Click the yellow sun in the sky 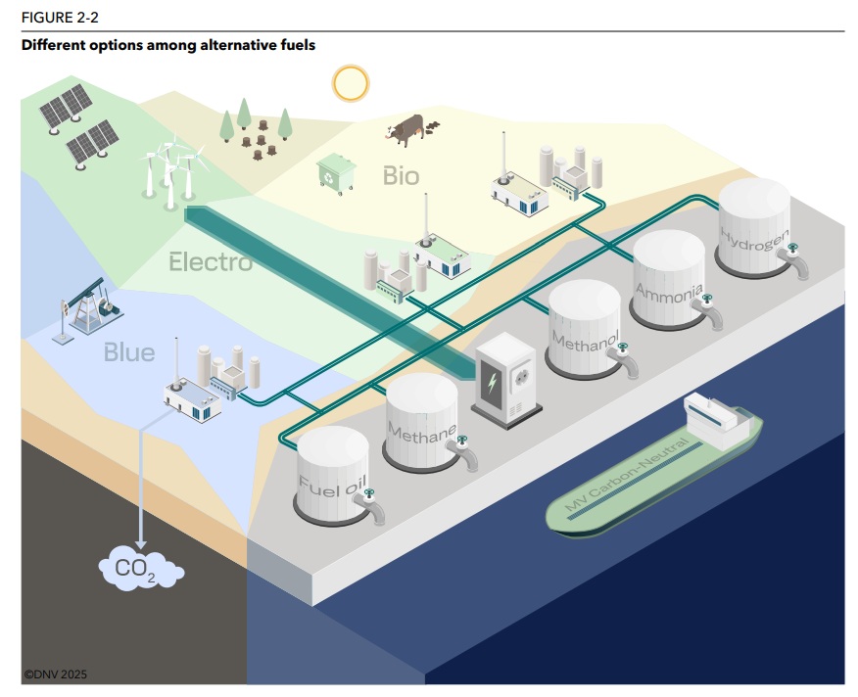coord(349,83)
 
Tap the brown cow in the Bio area coord(405,128)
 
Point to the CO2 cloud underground coord(140,569)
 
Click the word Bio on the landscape coord(401,176)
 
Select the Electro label coord(211,262)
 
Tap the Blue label coord(129,351)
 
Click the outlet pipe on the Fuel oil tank coord(373,510)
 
